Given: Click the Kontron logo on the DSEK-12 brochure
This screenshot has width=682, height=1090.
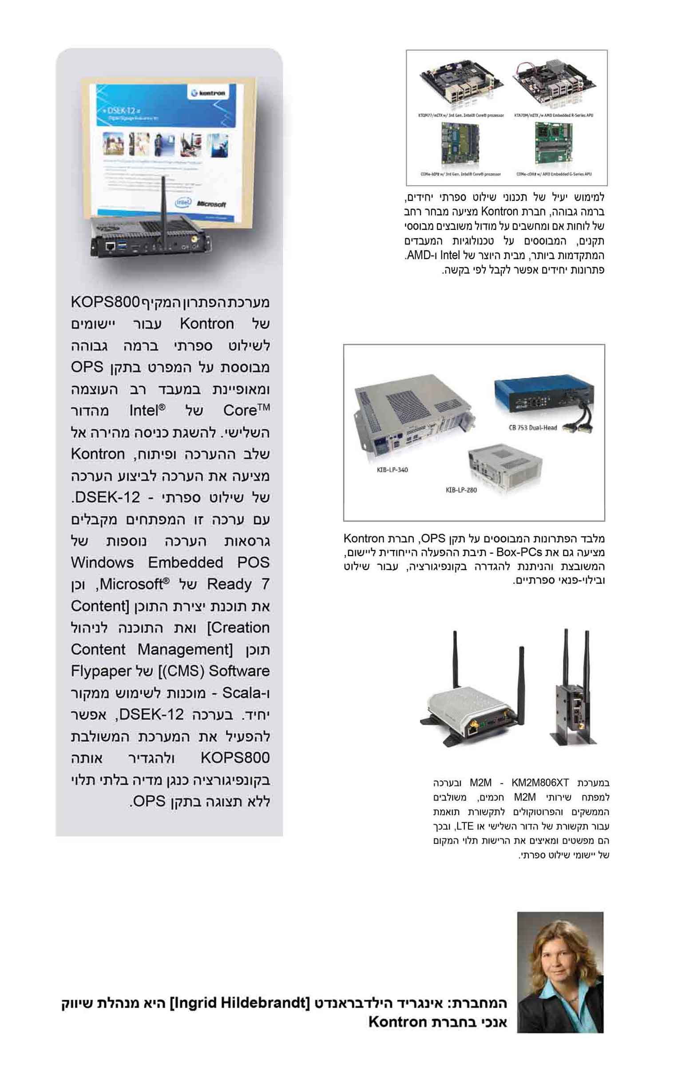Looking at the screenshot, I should click(x=208, y=93).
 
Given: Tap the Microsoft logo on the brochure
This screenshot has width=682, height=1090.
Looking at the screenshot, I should click(x=211, y=204).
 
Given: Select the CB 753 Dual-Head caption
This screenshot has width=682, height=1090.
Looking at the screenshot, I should click(x=532, y=428).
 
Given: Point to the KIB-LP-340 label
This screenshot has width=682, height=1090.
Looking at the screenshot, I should click(x=392, y=469).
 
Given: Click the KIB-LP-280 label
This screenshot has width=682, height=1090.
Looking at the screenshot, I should click(x=461, y=490).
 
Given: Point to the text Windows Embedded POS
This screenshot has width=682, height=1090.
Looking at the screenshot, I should click(x=170, y=563).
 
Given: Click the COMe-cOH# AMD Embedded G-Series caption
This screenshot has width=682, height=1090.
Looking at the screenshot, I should click(x=553, y=174).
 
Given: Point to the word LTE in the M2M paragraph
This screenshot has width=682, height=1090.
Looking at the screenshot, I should click(x=464, y=826).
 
